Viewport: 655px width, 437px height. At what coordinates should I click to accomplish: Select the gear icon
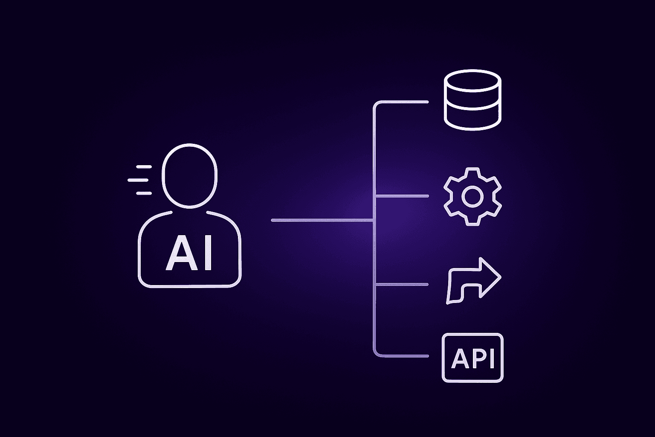coord(472,196)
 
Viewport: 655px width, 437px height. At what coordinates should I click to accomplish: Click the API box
coord(472,358)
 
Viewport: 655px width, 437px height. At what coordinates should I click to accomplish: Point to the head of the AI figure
coord(189,175)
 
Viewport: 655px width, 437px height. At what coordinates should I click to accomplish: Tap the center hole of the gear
coord(472,196)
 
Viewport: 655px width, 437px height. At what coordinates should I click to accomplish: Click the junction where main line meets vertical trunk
coord(374,220)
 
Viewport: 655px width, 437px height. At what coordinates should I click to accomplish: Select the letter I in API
coord(491,358)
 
